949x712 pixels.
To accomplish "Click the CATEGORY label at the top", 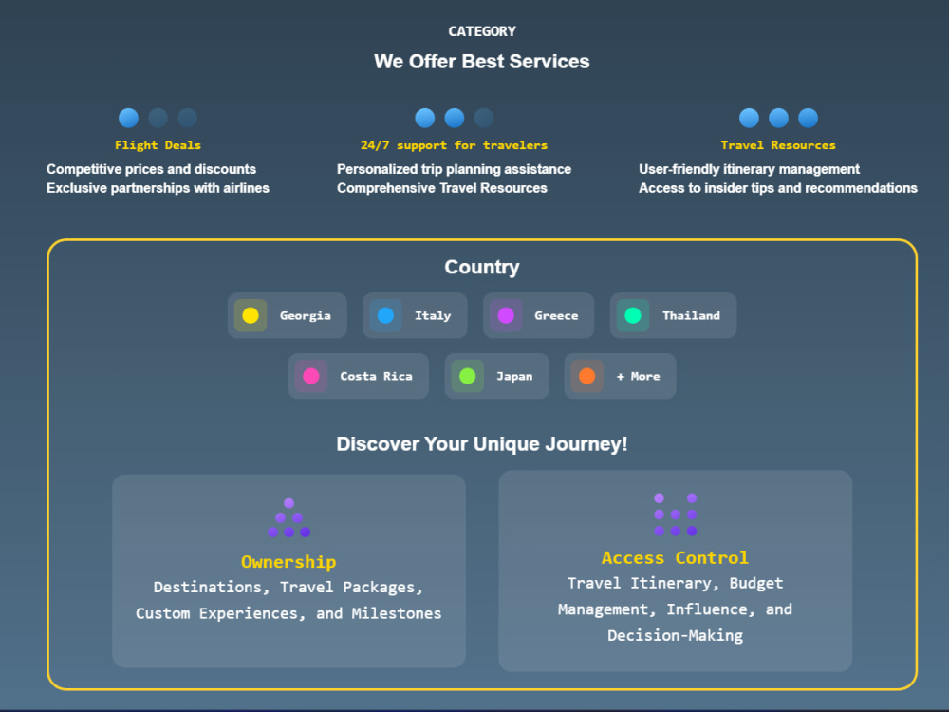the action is click(x=482, y=31).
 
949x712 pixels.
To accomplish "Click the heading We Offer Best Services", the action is click(x=482, y=61).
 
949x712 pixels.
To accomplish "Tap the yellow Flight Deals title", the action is click(x=158, y=145).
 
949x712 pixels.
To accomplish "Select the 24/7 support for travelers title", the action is click(x=454, y=145).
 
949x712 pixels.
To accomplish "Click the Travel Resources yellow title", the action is click(x=778, y=145).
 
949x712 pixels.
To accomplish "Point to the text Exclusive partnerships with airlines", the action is click(x=158, y=188).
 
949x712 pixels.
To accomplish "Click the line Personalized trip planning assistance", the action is click(x=454, y=170).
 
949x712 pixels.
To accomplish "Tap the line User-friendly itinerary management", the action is click(x=750, y=170).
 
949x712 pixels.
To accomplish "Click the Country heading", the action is click(x=482, y=267).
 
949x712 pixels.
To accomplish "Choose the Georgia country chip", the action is click(x=288, y=315).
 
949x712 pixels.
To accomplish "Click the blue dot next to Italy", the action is click(x=385, y=315).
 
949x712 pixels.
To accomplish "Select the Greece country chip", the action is click(x=539, y=315).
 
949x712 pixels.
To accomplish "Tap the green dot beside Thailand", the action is click(x=633, y=315).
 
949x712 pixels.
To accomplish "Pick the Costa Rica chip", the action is click(x=359, y=376).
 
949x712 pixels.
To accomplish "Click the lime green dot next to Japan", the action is click(x=467, y=376).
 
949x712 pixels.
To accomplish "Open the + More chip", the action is click(x=621, y=376).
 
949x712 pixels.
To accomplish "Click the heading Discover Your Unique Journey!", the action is click(x=482, y=444).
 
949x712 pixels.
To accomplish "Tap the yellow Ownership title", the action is click(x=288, y=562).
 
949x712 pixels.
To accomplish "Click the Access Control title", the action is click(x=676, y=558).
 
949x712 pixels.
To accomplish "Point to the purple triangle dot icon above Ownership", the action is click(x=289, y=518).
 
